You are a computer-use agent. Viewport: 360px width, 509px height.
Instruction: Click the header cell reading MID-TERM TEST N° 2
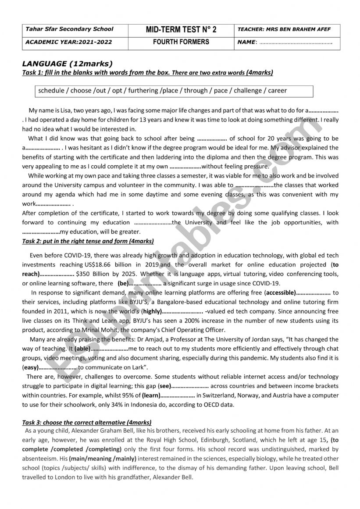click(x=181, y=30)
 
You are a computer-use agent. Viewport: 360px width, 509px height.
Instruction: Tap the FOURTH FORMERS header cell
click(x=181, y=43)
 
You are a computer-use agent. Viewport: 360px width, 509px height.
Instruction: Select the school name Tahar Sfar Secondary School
click(x=70, y=29)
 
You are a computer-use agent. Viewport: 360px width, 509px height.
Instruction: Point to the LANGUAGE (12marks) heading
click(x=67, y=64)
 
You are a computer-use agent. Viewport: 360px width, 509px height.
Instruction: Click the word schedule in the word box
click(x=51, y=91)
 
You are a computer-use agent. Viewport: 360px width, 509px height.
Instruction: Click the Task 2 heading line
click(x=88, y=241)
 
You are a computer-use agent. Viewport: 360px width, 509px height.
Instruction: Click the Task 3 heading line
click(x=87, y=422)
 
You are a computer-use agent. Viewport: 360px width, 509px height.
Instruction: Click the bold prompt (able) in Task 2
click(x=82, y=349)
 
